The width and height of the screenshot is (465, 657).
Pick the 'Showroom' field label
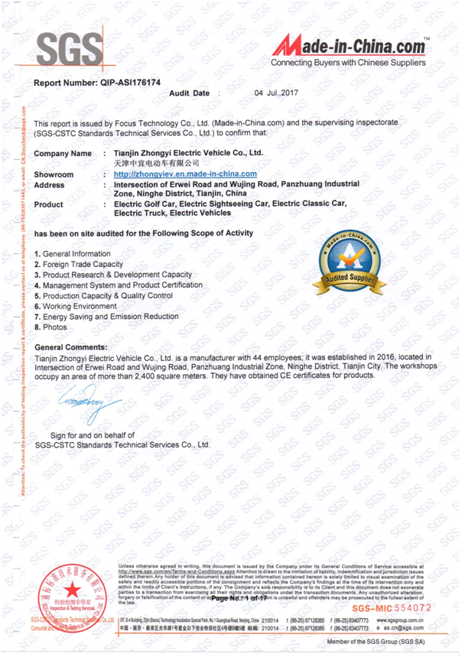coord(54,174)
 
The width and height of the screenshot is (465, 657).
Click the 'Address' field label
coord(50,184)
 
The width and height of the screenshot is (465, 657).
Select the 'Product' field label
coord(49,204)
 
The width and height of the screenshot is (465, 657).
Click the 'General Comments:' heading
coord(71,347)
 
